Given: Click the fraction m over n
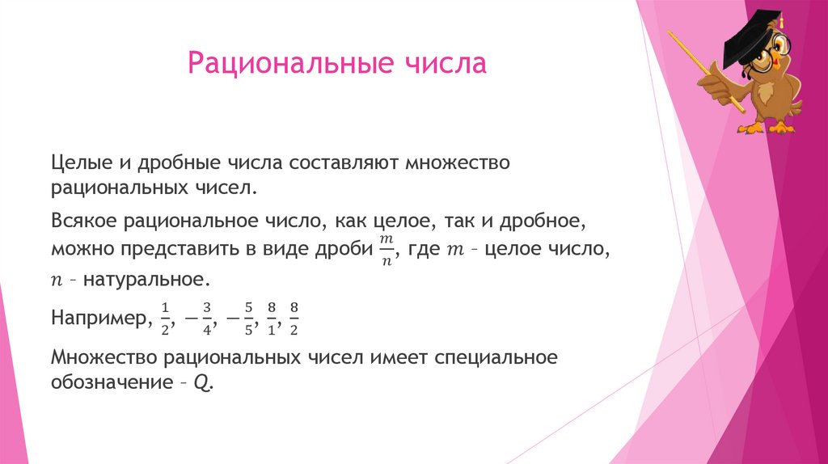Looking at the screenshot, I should click(386, 248).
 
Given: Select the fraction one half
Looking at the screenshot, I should click(165, 318).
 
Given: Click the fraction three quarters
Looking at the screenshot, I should click(207, 318).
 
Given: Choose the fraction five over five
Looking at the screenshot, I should click(249, 318).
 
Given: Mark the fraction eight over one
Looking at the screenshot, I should click(272, 318).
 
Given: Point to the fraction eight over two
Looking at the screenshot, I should click(294, 318).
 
